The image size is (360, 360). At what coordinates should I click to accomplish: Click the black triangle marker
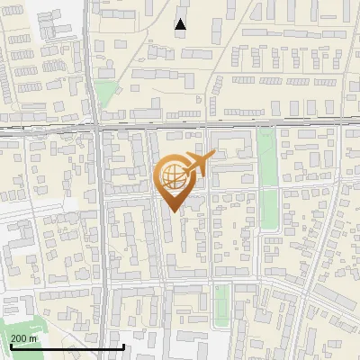(181, 24)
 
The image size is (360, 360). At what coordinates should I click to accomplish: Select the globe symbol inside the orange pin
(174, 176)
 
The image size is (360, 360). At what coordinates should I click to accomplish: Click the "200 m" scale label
(24, 338)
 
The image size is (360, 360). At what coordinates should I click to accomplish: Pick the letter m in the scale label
(33, 338)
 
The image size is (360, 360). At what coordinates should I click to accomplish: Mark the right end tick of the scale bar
(123, 345)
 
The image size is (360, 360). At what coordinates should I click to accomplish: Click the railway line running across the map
(225, 124)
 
